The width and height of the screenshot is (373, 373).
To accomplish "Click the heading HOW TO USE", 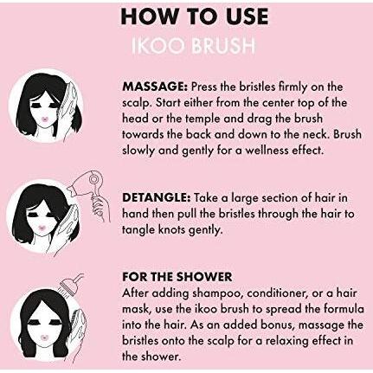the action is click(195, 16).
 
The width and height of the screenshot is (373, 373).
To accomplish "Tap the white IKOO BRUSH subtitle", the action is click(193, 46).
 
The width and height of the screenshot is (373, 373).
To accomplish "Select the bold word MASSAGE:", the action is click(156, 87).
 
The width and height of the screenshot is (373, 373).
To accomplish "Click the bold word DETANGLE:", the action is click(157, 198).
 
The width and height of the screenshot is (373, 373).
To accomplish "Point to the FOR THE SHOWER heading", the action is click(177, 277).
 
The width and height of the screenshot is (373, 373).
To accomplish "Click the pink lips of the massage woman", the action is click(46, 119).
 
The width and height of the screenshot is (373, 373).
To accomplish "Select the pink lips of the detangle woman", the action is click(42, 228).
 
